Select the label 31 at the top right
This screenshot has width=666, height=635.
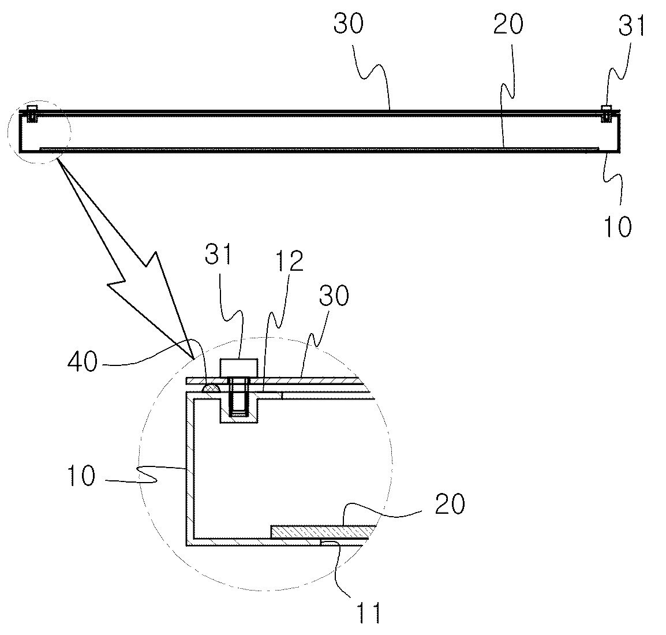pos(631,25)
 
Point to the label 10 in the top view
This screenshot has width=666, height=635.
pos(618,226)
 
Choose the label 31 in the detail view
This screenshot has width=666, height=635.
pos(219,254)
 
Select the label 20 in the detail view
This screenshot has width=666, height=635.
pos(450,504)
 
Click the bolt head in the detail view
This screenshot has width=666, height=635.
pos(239,367)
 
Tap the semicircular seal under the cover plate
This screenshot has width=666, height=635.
pos(211,388)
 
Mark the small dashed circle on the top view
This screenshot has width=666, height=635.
pos(39,132)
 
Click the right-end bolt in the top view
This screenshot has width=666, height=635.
pos(607,114)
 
